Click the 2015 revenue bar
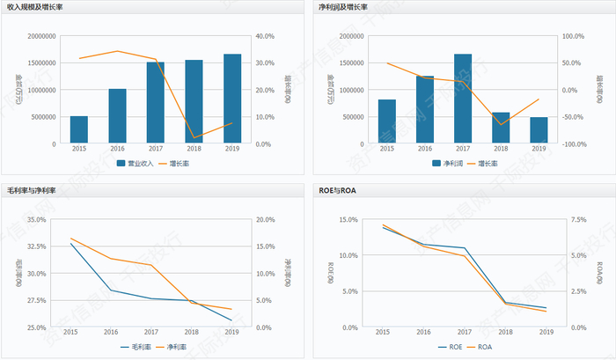(79, 129)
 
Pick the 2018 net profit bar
(501, 128)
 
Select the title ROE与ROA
(336, 190)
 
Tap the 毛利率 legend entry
(136, 347)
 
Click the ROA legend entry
(479, 347)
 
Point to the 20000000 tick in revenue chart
(41, 36)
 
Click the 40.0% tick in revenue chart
(265, 36)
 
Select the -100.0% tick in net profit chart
(573, 143)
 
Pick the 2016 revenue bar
(118, 116)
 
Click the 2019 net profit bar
(539, 130)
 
